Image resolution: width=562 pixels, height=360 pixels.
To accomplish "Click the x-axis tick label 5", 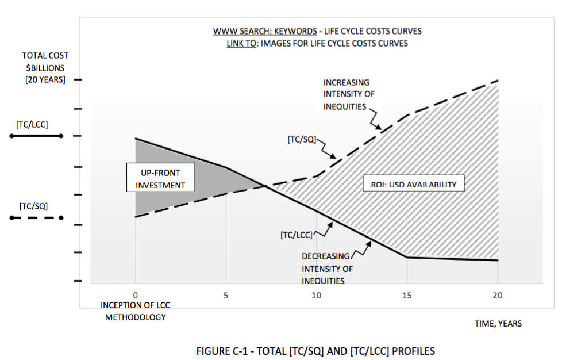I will [x=226, y=296].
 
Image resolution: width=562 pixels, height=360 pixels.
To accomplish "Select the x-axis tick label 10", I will [x=316, y=296].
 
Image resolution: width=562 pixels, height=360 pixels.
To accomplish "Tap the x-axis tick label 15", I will [x=407, y=296].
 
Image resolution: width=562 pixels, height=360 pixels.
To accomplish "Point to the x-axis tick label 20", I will [x=498, y=296].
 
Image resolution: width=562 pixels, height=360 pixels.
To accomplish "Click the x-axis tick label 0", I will [x=135, y=296].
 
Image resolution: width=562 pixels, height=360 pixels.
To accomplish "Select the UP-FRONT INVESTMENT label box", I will [x=160, y=178].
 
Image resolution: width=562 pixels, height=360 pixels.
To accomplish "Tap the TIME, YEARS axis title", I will [x=498, y=324].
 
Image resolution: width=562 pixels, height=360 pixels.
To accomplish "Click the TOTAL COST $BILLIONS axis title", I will [x=45, y=68].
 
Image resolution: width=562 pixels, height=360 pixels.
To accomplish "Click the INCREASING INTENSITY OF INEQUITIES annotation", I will [x=347, y=94].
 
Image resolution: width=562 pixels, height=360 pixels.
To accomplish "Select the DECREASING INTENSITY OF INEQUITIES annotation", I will [x=326, y=269].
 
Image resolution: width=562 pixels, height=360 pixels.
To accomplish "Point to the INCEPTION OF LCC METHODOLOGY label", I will [x=135, y=311].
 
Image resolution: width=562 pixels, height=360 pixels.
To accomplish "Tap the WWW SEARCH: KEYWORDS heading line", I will [x=318, y=31].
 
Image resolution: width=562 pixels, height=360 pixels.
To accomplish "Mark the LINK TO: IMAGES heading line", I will [x=318, y=43].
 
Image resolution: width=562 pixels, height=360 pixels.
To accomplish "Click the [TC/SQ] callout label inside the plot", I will [x=301, y=140].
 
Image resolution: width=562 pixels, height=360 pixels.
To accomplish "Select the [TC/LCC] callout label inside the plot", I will [x=296, y=235].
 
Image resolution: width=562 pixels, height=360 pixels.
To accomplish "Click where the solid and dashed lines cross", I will [x=265, y=185].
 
